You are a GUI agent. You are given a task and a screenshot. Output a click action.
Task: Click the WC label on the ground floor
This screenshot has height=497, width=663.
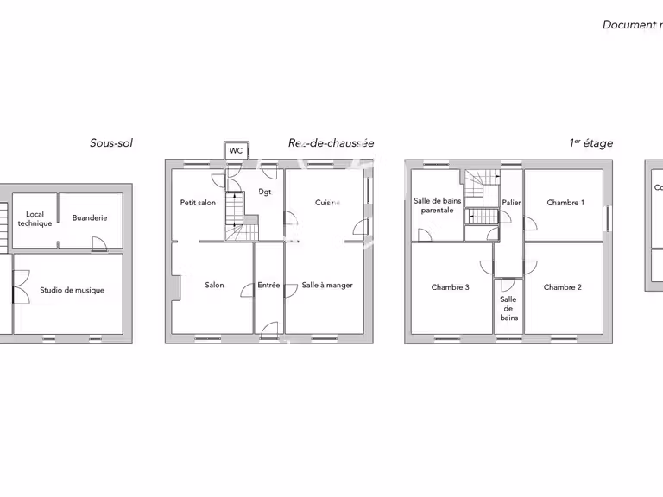tap(236, 151)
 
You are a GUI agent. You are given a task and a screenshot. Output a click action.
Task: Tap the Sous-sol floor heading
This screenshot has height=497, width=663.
tap(111, 143)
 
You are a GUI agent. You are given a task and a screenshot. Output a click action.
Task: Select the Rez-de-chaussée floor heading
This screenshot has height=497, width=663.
tap(331, 143)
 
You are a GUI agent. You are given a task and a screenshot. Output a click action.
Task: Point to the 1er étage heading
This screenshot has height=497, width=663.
tap(591, 143)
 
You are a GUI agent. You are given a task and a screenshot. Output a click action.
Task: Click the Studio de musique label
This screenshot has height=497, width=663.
tap(72, 291)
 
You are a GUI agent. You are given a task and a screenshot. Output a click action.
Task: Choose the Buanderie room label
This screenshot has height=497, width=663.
tap(90, 218)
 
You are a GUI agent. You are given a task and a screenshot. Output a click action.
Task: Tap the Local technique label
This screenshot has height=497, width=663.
tap(35, 219)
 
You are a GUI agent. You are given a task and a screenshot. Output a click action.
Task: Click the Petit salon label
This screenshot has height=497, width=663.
tap(198, 203)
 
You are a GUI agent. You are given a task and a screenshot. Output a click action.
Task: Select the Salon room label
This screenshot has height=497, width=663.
tap(214, 286)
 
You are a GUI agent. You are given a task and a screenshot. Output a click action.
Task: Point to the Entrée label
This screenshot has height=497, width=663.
tap(268, 286)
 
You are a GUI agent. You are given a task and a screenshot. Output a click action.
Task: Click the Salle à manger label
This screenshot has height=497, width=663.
tap(327, 286)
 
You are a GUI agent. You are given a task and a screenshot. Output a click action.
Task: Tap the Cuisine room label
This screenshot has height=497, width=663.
tap(327, 203)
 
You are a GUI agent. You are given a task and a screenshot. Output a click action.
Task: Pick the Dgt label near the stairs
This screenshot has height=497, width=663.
tap(264, 192)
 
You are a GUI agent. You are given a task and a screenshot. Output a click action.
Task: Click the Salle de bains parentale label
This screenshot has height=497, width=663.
tap(438, 205)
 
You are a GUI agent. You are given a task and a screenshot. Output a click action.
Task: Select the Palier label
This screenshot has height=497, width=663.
tap(511, 203)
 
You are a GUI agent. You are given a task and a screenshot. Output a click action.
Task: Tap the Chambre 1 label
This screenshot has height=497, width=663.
tap(565, 203)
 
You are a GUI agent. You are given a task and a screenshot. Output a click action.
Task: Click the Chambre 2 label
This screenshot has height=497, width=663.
tap(563, 287)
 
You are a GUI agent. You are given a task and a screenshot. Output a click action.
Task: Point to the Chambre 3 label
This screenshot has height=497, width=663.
tap(451, 287)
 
